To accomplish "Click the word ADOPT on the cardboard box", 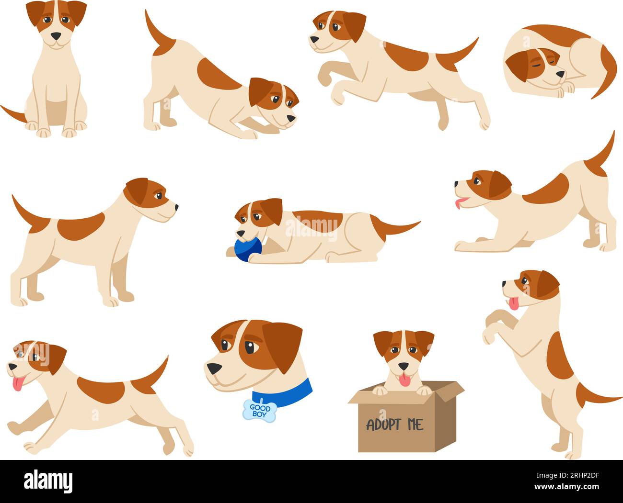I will point(384,424).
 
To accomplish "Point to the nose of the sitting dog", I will point(57,36).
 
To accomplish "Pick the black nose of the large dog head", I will point(213,369).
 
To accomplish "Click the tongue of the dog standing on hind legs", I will point(514,303).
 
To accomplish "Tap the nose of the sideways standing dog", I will point(176,207).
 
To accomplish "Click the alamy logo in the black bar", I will point(48,480).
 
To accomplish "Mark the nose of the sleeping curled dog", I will point(561,75).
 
